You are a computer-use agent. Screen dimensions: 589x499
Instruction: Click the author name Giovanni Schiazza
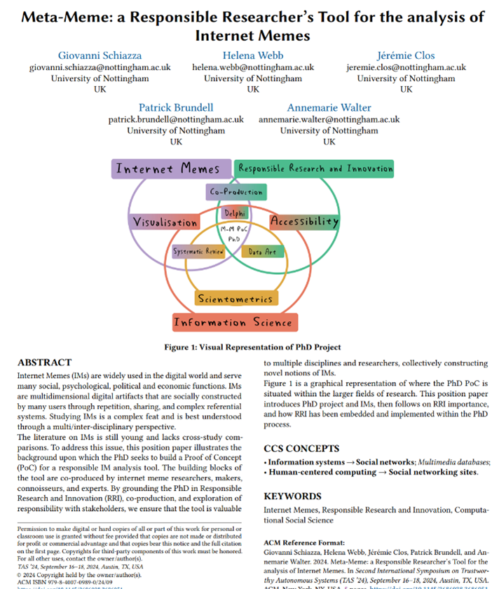(x=100, y=55)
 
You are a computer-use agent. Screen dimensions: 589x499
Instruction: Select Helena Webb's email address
(x=253, y=67)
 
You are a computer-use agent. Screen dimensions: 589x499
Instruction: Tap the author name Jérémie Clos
(x=406, y=55)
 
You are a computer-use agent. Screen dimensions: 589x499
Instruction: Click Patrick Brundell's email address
(x=176, y=119)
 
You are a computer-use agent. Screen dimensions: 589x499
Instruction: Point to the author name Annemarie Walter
(x=329, y=107)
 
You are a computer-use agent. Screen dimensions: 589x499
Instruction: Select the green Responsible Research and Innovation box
(x=315, y=169)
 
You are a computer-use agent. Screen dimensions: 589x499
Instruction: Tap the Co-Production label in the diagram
(x=235, y=191)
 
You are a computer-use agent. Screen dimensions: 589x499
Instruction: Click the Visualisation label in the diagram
(x=165, y=222)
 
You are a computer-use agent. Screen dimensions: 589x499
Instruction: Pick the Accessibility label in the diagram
(x=304, y=222)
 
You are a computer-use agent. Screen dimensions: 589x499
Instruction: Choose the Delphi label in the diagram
(x=234, y=212)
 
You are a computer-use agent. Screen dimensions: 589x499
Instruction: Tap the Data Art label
(x=263, y=251)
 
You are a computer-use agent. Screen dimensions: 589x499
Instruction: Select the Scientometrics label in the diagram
(x=234, y=299)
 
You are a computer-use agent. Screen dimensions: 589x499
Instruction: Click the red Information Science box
(x=233, y=323)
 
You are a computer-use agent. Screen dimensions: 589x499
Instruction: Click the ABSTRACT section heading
(x=44, y=363)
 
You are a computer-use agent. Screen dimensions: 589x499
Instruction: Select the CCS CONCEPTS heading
(x=301, y=448)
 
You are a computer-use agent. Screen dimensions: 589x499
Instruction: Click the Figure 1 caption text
(x=252, y=346)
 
